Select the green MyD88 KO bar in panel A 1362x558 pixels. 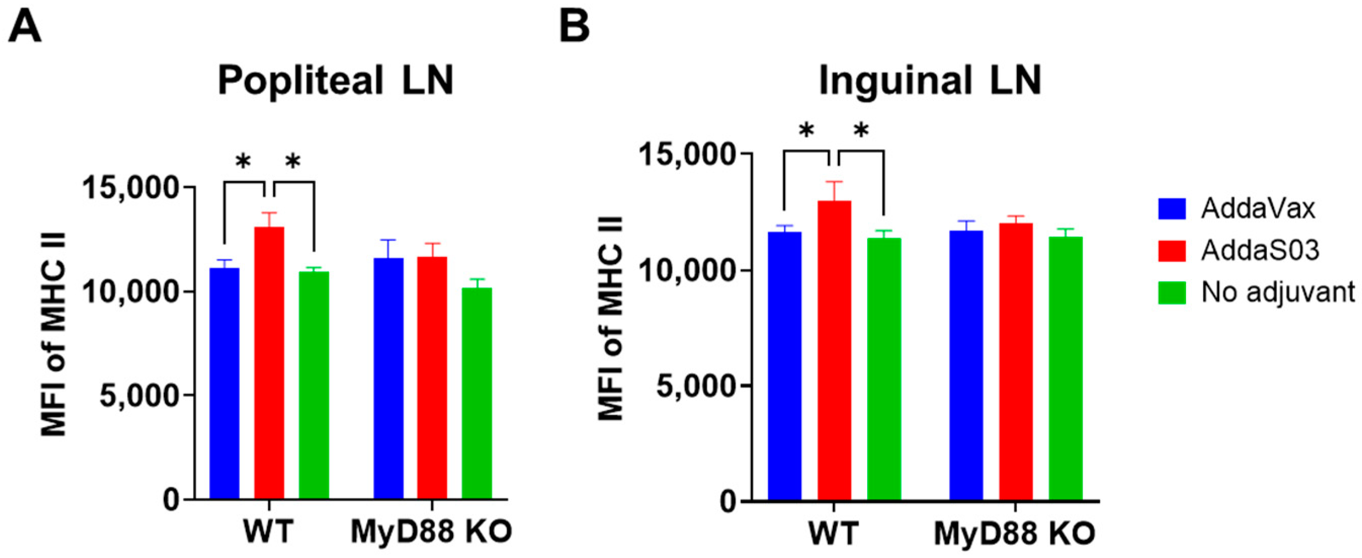pyautogui.click(x=477, y=393)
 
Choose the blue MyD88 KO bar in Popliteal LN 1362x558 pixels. pyautogui.click(x=389, y=379)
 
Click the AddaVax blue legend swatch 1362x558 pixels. pyautogui.click(x=1171, y=209)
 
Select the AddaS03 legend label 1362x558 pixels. pyautogui.click(x=1260, y=250)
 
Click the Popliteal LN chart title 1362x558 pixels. pyautogui.click(x=336, y=81)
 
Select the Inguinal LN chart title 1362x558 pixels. pyautogui.click(x=930, y=81)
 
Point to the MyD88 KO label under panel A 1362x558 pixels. pyautogui.click(x=431, y=532)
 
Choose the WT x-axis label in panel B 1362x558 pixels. pyautogui.click(x=833, y=534)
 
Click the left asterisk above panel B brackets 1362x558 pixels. pyautogui.click(x=806, y=130)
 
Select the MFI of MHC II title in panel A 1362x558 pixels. pyautogui.click(x=54, y=334)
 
